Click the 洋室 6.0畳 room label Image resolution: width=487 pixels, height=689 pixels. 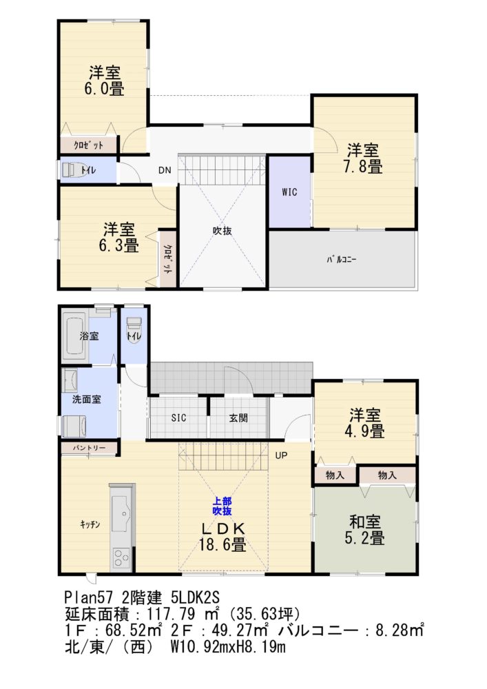[x=105, y=80]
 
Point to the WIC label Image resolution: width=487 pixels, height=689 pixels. [x=289, y=192]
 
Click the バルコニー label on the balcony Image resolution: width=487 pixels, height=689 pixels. [x=342, y=260]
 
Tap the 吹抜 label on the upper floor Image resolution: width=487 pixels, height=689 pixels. [x=222, y=231]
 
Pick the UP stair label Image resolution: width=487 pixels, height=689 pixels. [x=281, y=455]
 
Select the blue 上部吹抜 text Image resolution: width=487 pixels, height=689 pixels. [x=222, y=506]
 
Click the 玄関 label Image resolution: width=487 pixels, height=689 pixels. [x=238, y=418]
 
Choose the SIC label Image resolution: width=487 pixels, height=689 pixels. [x=178, y=418]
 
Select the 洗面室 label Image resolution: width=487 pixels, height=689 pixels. [x=87, y=399]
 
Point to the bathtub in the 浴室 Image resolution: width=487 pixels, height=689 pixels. [x=74, y=336]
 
